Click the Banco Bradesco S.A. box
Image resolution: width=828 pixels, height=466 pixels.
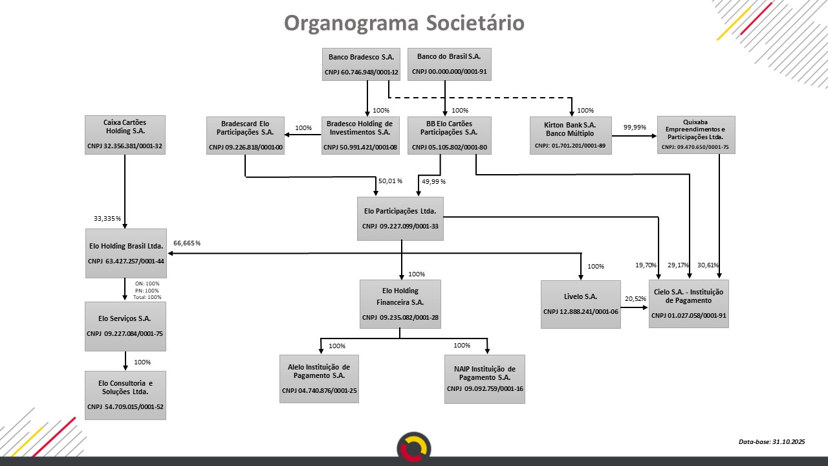coord(361,64)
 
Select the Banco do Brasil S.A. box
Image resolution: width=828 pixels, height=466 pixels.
coord(449,64)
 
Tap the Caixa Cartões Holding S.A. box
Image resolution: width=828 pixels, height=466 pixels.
coord(125,135)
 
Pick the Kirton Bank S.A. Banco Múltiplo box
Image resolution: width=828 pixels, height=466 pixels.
coord(570,135)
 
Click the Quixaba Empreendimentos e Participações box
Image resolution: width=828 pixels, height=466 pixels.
coord(696,135)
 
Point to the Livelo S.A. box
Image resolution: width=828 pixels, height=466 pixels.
coord(580,304)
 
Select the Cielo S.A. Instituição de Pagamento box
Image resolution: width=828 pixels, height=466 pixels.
coord(688,304)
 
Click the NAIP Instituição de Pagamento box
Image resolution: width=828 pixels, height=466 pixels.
coord(485,379)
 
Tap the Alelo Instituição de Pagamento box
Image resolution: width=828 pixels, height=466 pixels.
coord(319,379)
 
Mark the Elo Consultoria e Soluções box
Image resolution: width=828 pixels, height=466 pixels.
coord(125,395)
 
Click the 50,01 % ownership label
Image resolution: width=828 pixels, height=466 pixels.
coord(390,181)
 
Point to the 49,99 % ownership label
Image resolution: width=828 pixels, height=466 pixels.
coord(433,181)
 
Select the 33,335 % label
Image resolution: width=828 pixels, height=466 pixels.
coord(107,219)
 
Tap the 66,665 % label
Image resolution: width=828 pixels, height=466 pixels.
coord(187,243)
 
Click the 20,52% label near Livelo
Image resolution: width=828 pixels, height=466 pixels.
coord(635,299)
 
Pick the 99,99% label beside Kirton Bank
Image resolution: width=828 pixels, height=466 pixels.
coord(635,128)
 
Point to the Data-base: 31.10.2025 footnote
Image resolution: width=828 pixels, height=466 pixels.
coord(771,441)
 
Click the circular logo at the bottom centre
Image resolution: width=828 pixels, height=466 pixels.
coord(414,447)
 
